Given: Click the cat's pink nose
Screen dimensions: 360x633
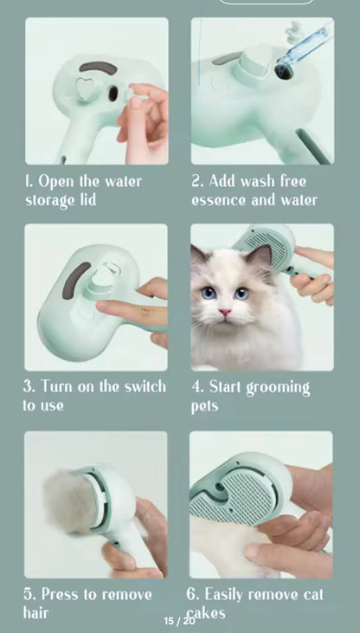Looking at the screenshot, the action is coord(225,312).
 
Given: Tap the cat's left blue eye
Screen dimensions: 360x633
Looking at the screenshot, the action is coord(209,293).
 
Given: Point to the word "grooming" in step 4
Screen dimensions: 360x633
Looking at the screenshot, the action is coord(278,388).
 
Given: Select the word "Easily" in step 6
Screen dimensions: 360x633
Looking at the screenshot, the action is coord(224,595).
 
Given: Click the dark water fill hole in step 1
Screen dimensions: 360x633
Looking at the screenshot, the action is coord(113,94).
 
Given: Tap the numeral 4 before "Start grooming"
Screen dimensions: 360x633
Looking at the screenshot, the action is coord(197,387).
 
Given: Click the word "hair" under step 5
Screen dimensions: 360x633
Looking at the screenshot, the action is coord(35,612).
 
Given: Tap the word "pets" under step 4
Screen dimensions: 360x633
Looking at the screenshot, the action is coord(204,405).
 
